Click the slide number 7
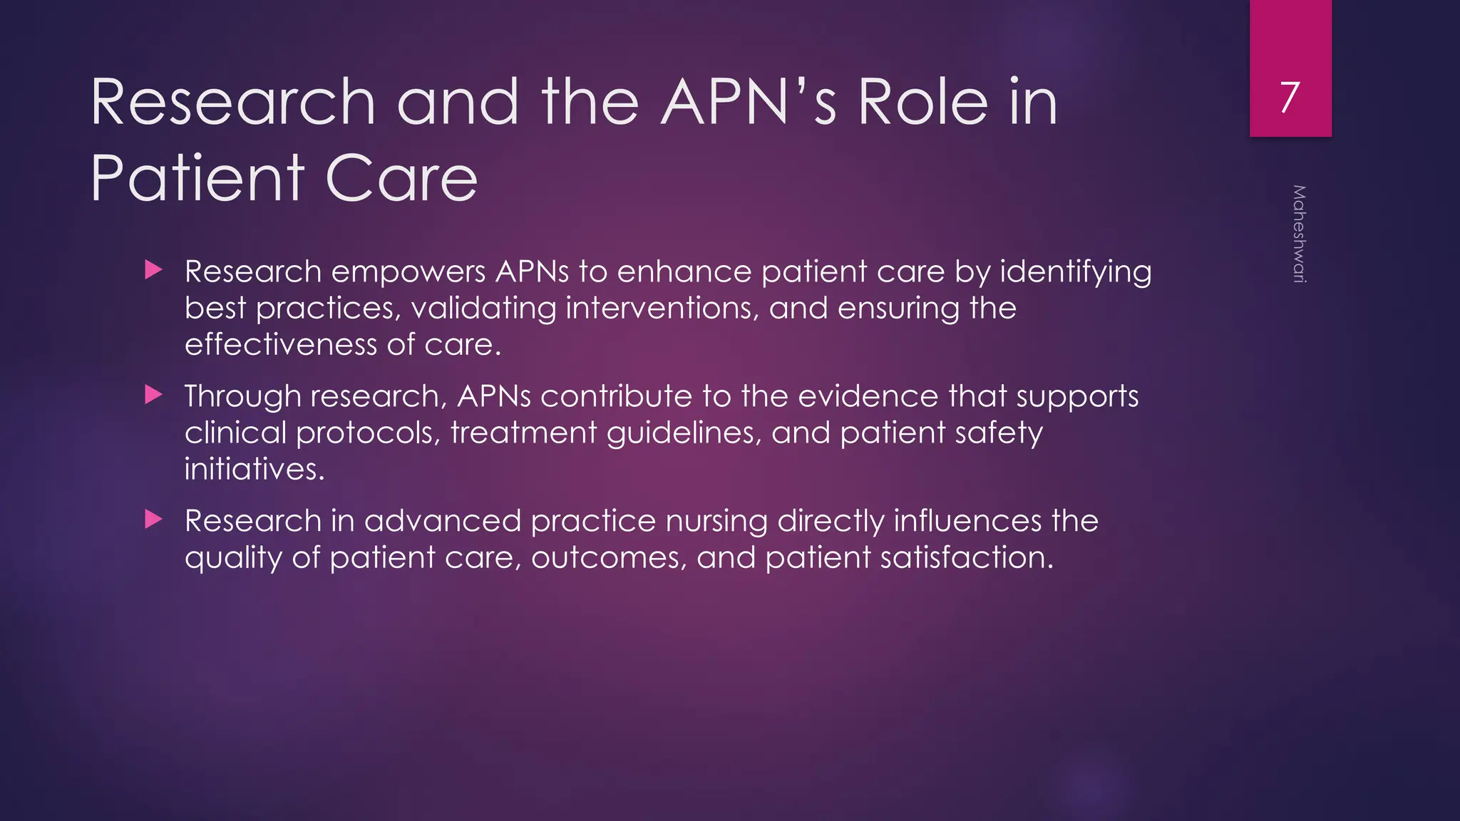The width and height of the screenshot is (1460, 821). (x=1290, y=97)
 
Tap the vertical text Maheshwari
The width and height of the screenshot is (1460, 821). (x=1299, y=234)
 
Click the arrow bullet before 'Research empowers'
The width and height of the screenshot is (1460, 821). (x=153, y=270)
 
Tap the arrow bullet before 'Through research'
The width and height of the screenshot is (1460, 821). (x=153, y=395)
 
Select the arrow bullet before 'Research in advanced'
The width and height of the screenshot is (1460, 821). (x=153, y=520)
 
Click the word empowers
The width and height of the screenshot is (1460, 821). (x=408, y=272)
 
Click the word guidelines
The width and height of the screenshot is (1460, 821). (x=684, y=434)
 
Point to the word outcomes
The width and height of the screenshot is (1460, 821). (x=609, y=558)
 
